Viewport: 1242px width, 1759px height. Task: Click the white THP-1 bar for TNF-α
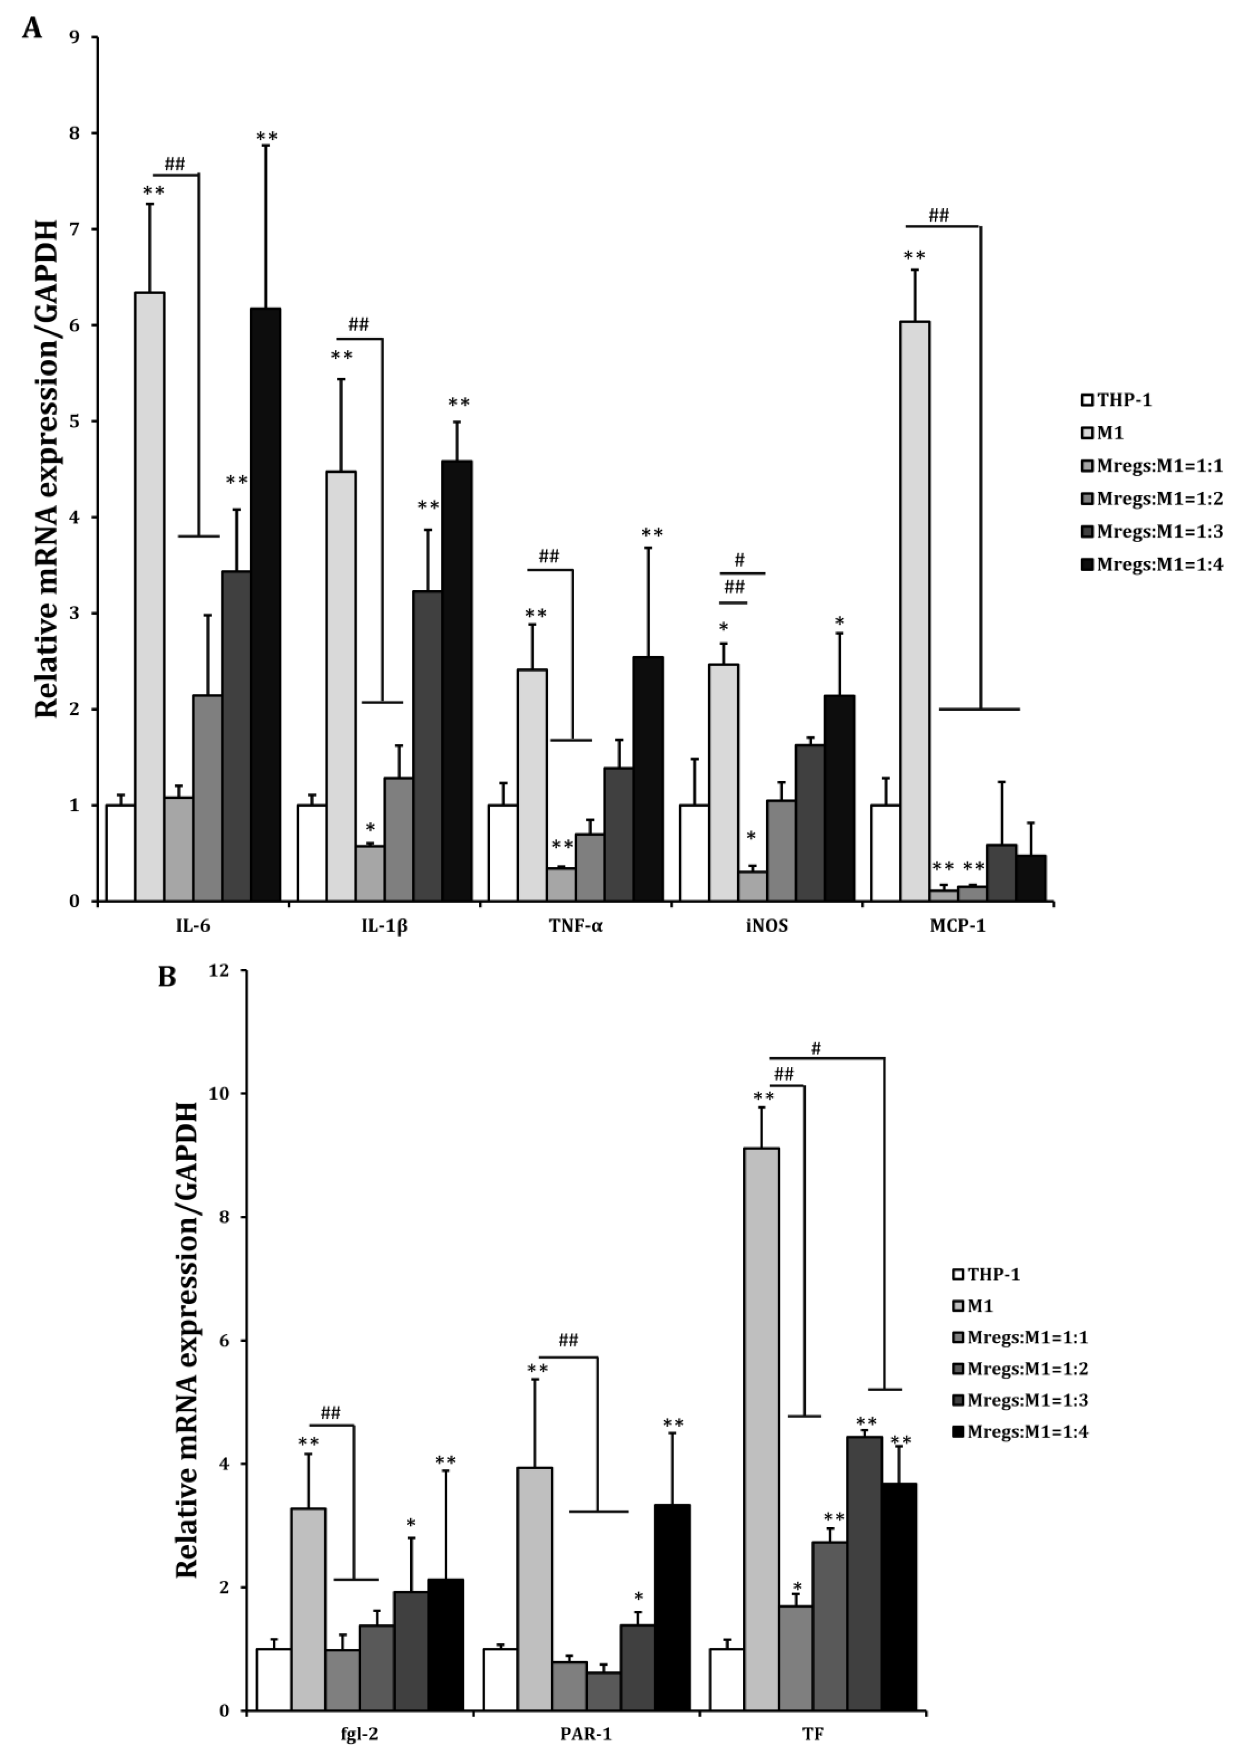(503, 853)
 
